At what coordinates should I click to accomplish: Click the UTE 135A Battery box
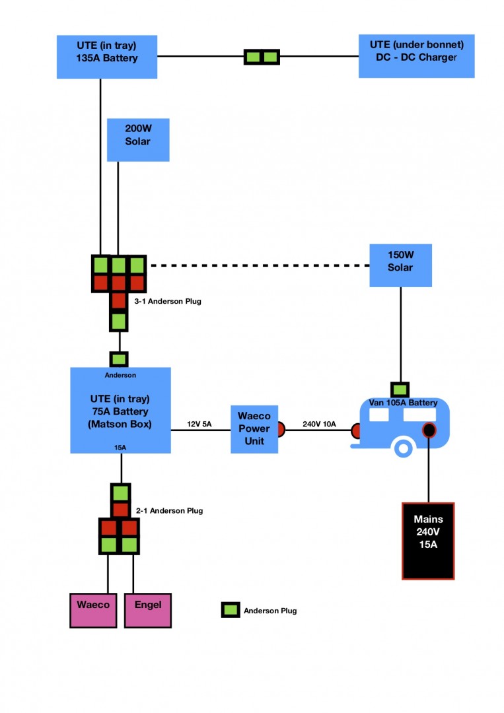106,57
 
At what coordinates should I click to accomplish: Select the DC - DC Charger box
416,57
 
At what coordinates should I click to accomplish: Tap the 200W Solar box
138,139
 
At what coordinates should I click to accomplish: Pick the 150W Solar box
400,265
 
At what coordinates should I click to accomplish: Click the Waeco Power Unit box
254,429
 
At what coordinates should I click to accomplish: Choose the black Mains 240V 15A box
428,541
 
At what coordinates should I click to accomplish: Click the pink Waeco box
93,610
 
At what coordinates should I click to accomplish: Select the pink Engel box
147,610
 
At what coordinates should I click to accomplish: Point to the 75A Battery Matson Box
120,411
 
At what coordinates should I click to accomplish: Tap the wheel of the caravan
402,448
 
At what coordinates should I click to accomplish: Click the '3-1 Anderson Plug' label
167,301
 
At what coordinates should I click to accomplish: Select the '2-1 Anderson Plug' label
169,510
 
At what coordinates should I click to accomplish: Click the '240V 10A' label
319,424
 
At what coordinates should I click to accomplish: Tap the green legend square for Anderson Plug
230,610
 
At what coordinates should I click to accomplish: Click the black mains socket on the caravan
429,430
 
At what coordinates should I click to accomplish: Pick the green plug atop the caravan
400,390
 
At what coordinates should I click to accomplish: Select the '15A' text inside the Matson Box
120,447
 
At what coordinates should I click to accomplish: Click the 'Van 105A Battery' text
404,403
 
